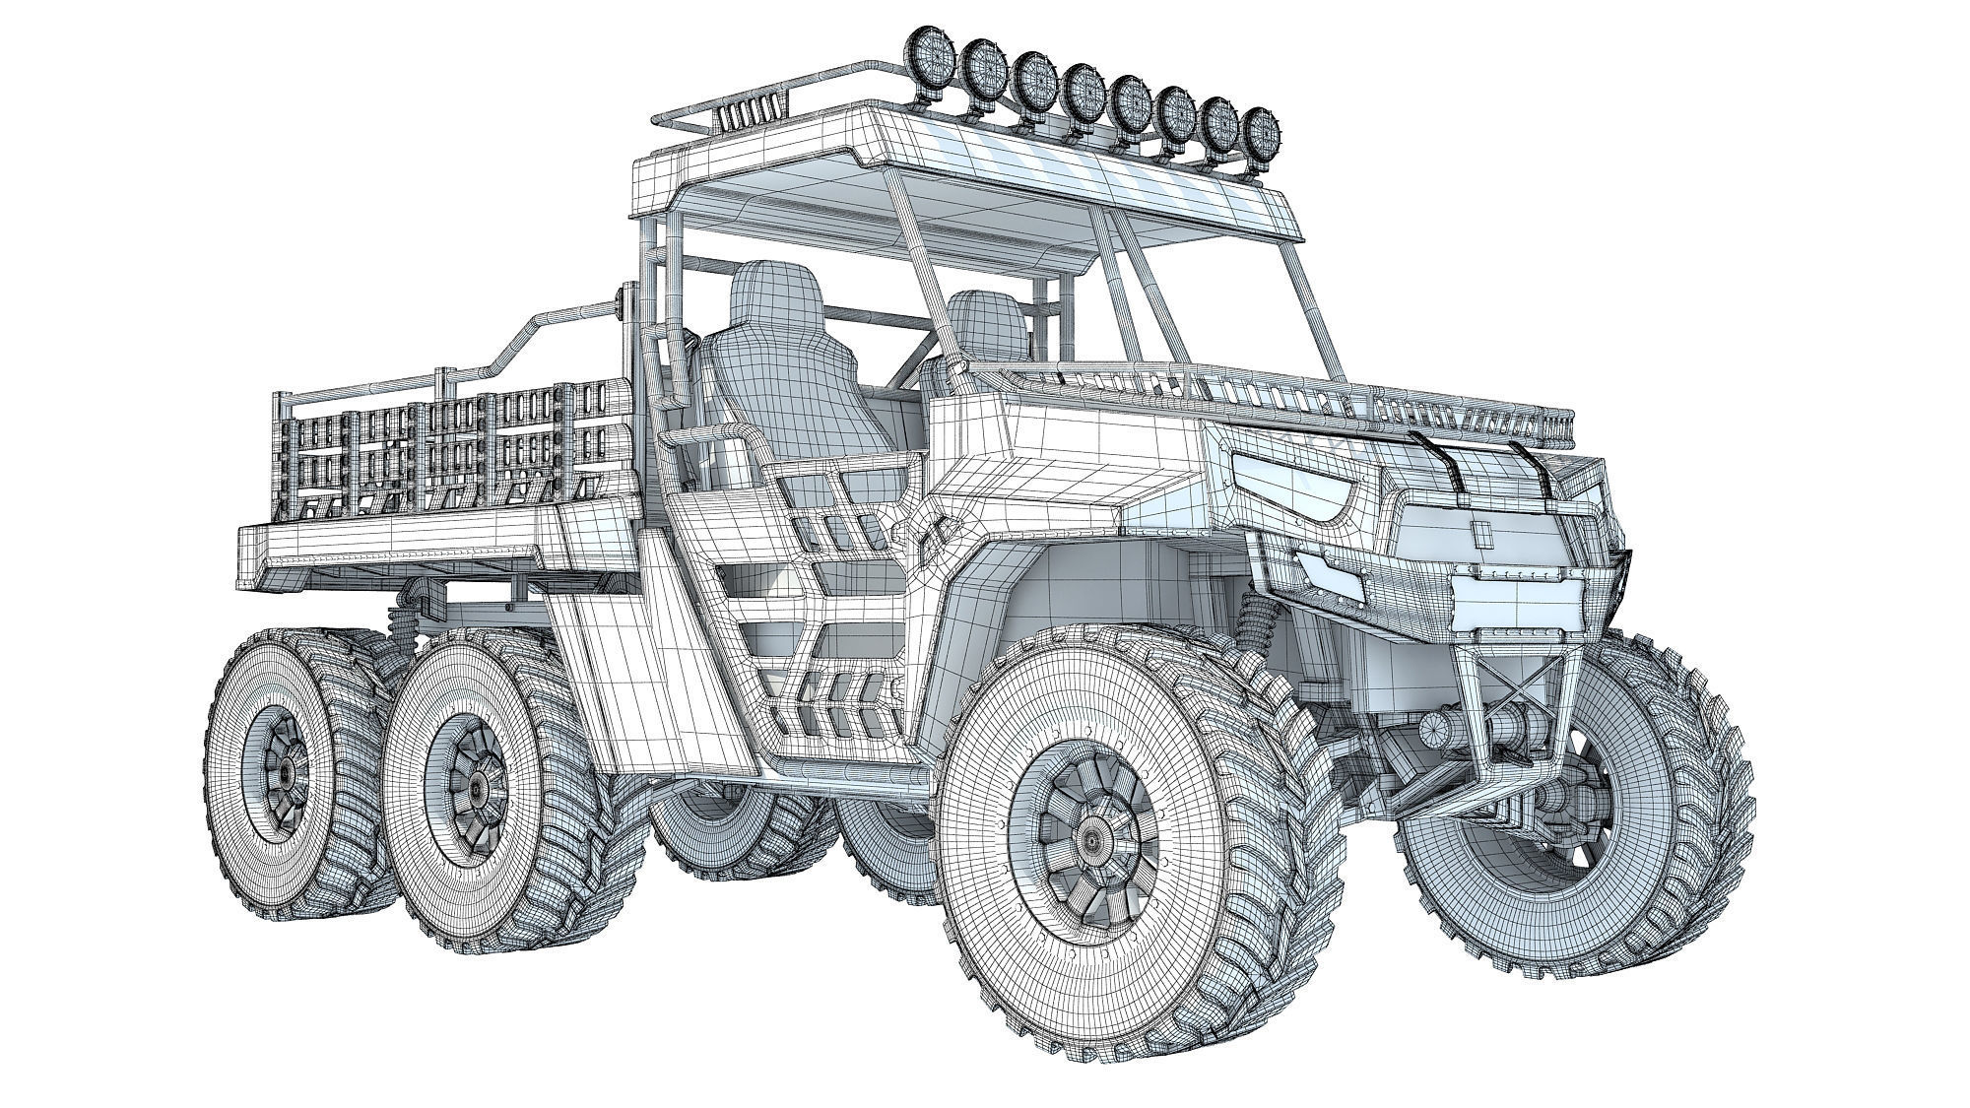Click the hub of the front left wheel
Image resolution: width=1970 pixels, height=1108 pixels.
click(1090, 837)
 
